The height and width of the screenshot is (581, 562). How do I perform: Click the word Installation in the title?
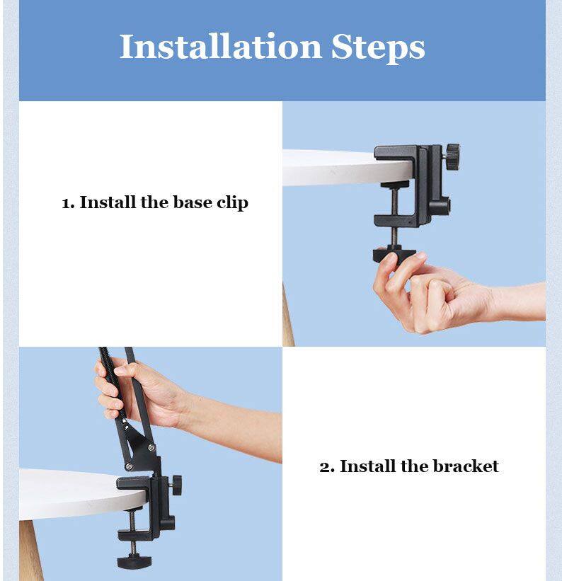[220, 46]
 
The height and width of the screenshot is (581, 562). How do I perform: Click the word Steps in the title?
[378, 49]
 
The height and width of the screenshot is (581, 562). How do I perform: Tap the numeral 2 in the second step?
[326, 467]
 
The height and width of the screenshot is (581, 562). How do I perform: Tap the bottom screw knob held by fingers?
[394, 255]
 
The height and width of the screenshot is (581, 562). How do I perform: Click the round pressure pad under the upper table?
[394, 184]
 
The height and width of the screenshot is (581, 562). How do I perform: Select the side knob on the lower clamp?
[177, 485]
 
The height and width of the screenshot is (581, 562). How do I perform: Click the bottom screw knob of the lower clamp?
[134, 560]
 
